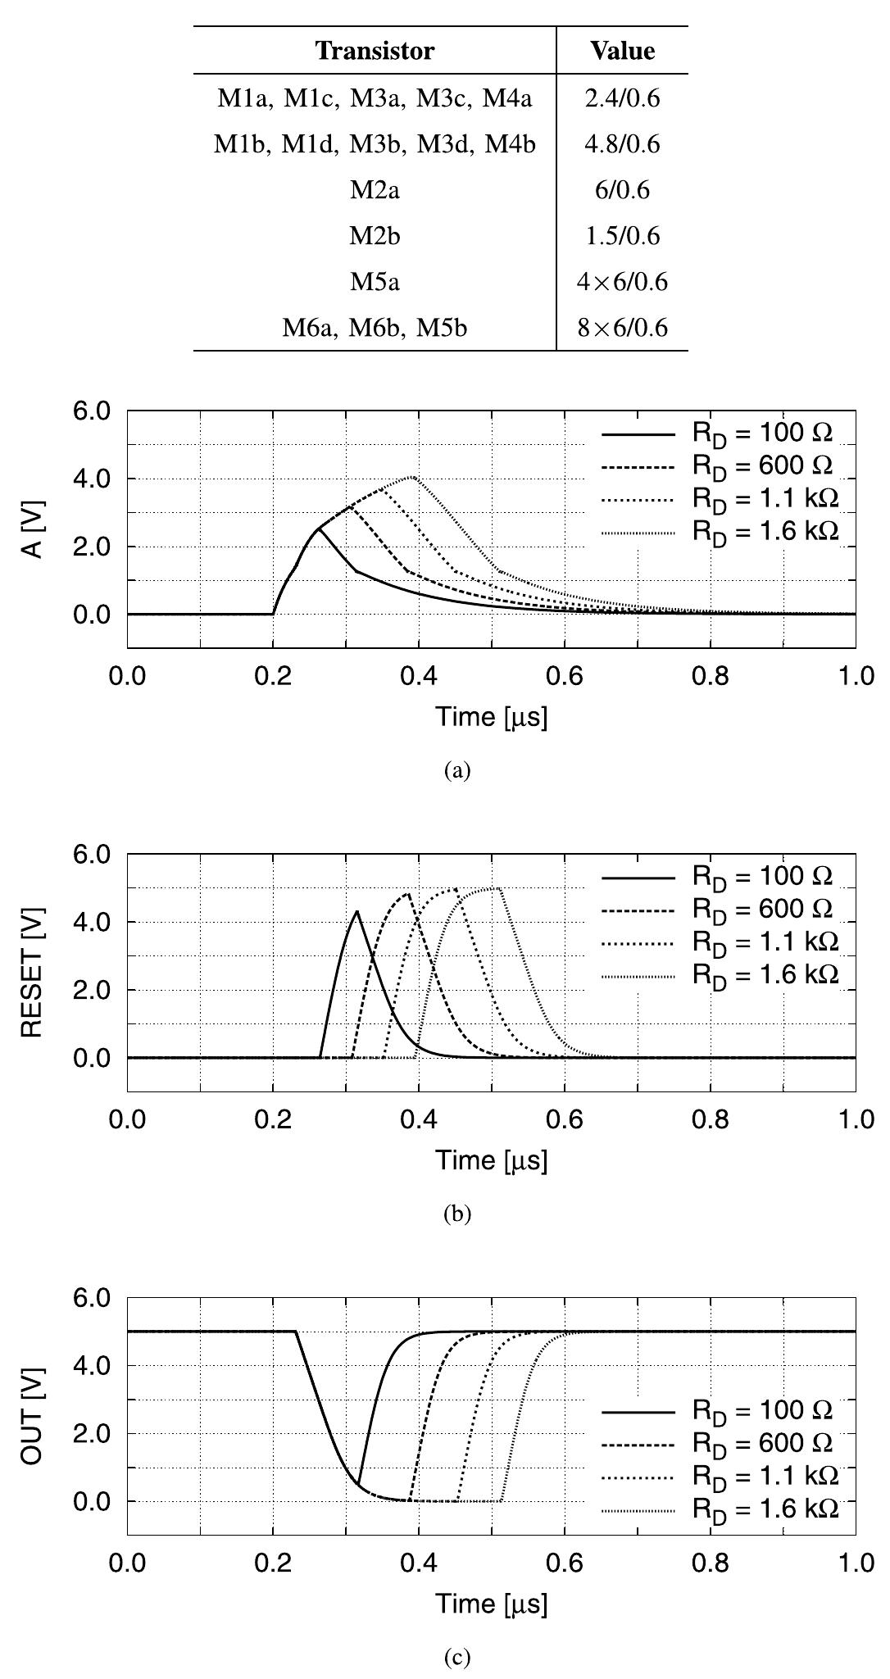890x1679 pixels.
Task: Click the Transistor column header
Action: pyautogui.click(x=375, y=51)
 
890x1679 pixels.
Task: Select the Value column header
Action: pyautogui.click(x=622, y=51)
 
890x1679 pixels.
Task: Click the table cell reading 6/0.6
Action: pyautogui.click(x=622, y=190)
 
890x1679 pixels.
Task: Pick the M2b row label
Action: pyautogui.click(x=375, y=236)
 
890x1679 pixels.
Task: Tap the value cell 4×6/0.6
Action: pyautogui.click(x=622, y=283)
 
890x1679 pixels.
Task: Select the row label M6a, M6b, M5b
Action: pyautogui.click(x=375, y=329)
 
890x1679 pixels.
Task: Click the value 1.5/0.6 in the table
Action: pyautogui.click(x=622, y=236)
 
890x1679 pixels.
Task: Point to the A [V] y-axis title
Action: pyautogui.click(x=33, y=529)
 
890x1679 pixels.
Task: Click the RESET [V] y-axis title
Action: pyautogui.click(x=33, y=972)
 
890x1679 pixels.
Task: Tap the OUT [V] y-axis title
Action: pyautogui.click(x=33, y=1415)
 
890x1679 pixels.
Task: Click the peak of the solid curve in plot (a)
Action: pyautogui.click(x=319, y=529)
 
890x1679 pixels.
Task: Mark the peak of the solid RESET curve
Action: pyautogui.click(x=356, y=911)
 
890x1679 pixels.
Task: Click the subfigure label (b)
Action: pyautogui.click(x=456, y=1214)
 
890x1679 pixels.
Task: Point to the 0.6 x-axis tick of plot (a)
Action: pyautogui.click(x=564, y=679)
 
